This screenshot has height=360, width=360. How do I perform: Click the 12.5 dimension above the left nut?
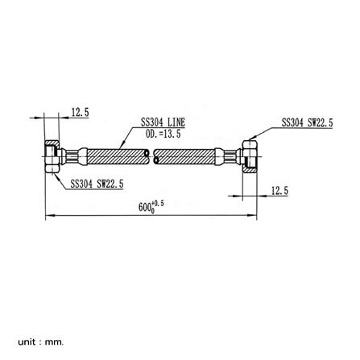tap(80, 113)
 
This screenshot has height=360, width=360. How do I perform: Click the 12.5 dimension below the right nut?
tap(279, 191)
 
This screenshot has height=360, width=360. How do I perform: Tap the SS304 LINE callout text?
tap(163, 122)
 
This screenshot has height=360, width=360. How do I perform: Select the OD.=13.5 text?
tap(163, 133)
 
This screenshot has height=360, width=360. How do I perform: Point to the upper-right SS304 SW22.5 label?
tap(307, 123)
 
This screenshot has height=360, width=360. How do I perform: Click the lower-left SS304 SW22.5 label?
tap(97, 183)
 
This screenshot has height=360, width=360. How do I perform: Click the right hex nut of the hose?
tap(250, 155)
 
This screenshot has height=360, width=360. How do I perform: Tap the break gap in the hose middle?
tap(151, 156)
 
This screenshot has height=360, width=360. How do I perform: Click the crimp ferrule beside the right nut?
tap(233, 156)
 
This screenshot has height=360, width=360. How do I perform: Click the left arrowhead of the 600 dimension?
tap(48, 215)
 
